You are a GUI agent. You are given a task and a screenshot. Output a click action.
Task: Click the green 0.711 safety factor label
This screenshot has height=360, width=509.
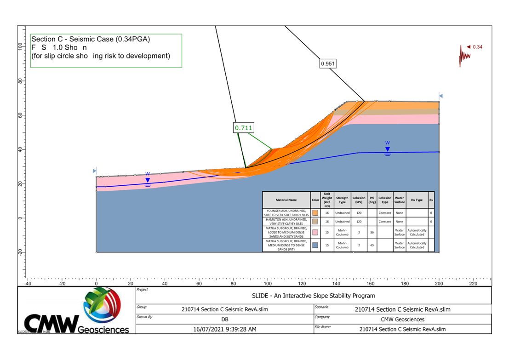(244, 128)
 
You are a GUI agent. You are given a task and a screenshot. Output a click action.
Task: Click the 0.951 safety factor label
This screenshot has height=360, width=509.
(327, 64)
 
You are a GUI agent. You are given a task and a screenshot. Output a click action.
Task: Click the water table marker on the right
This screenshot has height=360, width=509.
(388, 149)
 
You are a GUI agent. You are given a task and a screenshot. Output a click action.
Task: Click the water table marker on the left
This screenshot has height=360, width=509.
(148, 180)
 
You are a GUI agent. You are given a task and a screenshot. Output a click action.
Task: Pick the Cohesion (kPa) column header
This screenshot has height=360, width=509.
(359, 200)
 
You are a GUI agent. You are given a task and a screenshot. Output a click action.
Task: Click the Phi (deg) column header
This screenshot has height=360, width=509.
(372, 200)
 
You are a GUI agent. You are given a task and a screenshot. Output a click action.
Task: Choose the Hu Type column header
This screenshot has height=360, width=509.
(417, 200)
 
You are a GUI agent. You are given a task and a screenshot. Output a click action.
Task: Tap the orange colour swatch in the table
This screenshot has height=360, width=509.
(315, 213)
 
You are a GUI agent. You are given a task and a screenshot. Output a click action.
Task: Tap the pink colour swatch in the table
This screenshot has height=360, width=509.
(315, 233)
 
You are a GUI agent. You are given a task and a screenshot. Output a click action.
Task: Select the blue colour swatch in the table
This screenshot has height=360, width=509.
(315, 245)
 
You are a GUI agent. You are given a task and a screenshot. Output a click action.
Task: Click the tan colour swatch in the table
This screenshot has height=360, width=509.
(315, 221)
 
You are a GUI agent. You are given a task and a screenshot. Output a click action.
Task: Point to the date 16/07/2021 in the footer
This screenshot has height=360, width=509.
(225, 329)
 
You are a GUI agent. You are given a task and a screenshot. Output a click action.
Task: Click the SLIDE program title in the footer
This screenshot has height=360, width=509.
(314, 296)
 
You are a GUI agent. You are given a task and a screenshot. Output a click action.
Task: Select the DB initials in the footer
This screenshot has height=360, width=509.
(225, 319)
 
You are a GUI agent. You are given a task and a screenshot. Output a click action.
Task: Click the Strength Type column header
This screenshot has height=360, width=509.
(342, 200)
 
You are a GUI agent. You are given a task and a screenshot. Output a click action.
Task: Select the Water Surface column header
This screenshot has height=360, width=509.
(400, 200)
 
